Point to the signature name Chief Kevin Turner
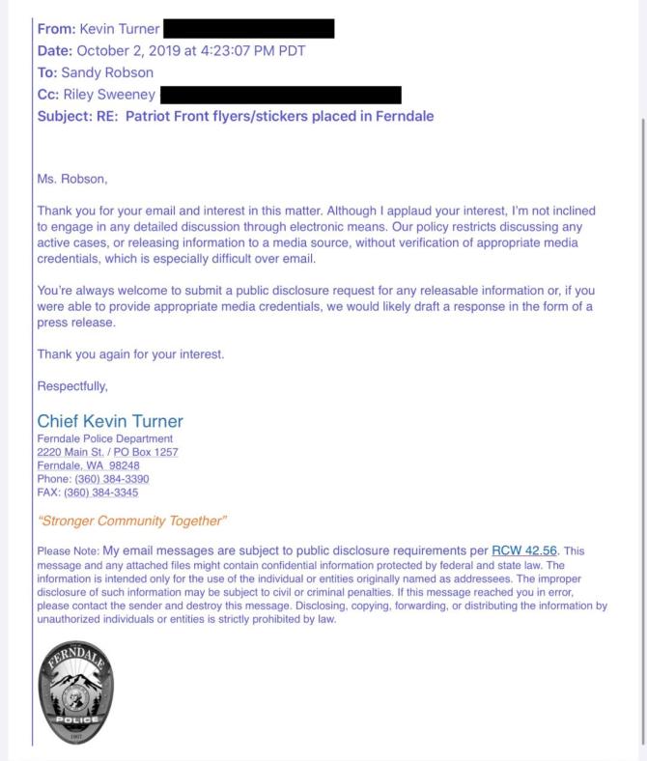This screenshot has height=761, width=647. click(110, 422)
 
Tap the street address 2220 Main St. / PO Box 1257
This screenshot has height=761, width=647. click(107, 452)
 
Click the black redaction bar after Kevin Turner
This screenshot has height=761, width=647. click(249, 29)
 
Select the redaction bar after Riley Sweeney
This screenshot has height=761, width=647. click(280, 95)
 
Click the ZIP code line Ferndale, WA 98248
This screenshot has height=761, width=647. click(88, 465)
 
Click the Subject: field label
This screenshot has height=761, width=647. click(66, 117)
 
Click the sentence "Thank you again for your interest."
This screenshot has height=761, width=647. click(130, 353)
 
